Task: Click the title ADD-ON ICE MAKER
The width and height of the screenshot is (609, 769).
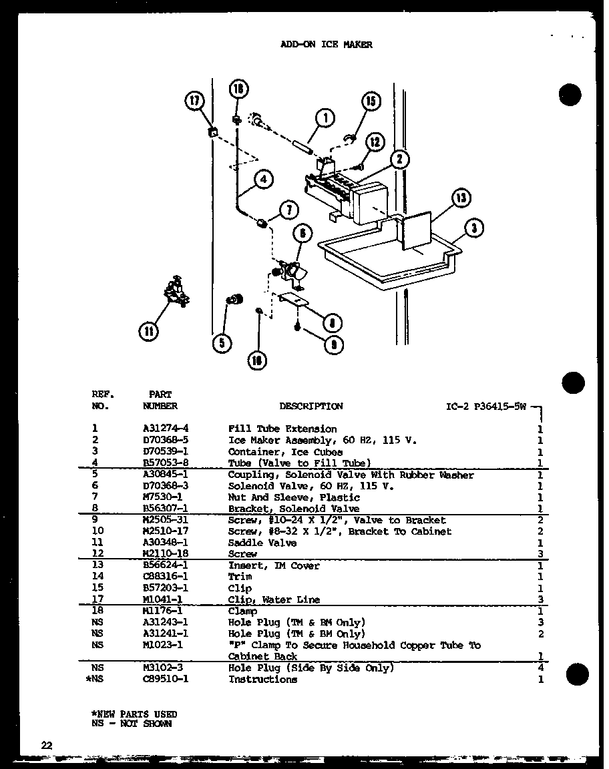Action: coord(326,45)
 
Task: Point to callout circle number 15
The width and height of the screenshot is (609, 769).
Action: coord(370,102)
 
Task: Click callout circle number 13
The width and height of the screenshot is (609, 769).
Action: coord(460,198)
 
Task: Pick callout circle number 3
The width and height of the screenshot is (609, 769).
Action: coord(473,228)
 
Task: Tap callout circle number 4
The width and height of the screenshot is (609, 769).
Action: coord(262,179)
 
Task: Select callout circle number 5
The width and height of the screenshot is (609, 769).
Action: coord(222,343)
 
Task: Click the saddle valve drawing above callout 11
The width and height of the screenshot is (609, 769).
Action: coord(175,292)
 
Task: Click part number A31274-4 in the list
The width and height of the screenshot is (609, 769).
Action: coord(164,429)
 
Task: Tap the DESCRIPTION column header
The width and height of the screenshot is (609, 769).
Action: coord(311,406)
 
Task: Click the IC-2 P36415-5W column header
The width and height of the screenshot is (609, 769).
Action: coord(486,406)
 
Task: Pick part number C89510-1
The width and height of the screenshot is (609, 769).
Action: coord(164,679)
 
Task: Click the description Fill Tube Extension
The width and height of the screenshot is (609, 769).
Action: coord(282,429)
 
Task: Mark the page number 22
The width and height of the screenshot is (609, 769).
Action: coord(45,746)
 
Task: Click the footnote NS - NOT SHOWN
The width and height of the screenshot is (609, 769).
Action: coord(132,723)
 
